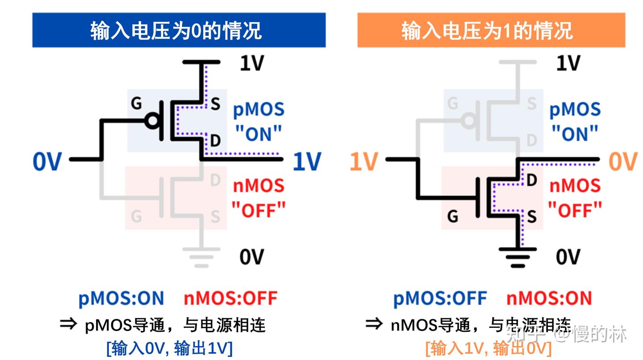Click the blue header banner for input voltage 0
(x=179, y=30)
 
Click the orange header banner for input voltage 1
(x=491, y=30)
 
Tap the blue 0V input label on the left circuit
(x=47, y=161)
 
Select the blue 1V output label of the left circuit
(x=307, y=161)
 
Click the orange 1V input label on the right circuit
(x=363, y=161)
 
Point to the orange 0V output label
(x=623, y=161)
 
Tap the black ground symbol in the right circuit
(x=518, y=256)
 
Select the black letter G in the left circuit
(x=136, y=104)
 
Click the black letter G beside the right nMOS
(x=452, y=217)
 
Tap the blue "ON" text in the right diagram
(x=574, y=132)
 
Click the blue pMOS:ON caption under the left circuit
(x=121, y=298)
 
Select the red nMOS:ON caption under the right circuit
(x=549, y=298)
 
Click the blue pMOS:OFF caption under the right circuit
(x=440, y=298)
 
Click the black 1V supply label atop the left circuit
(x=252, y=63)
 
